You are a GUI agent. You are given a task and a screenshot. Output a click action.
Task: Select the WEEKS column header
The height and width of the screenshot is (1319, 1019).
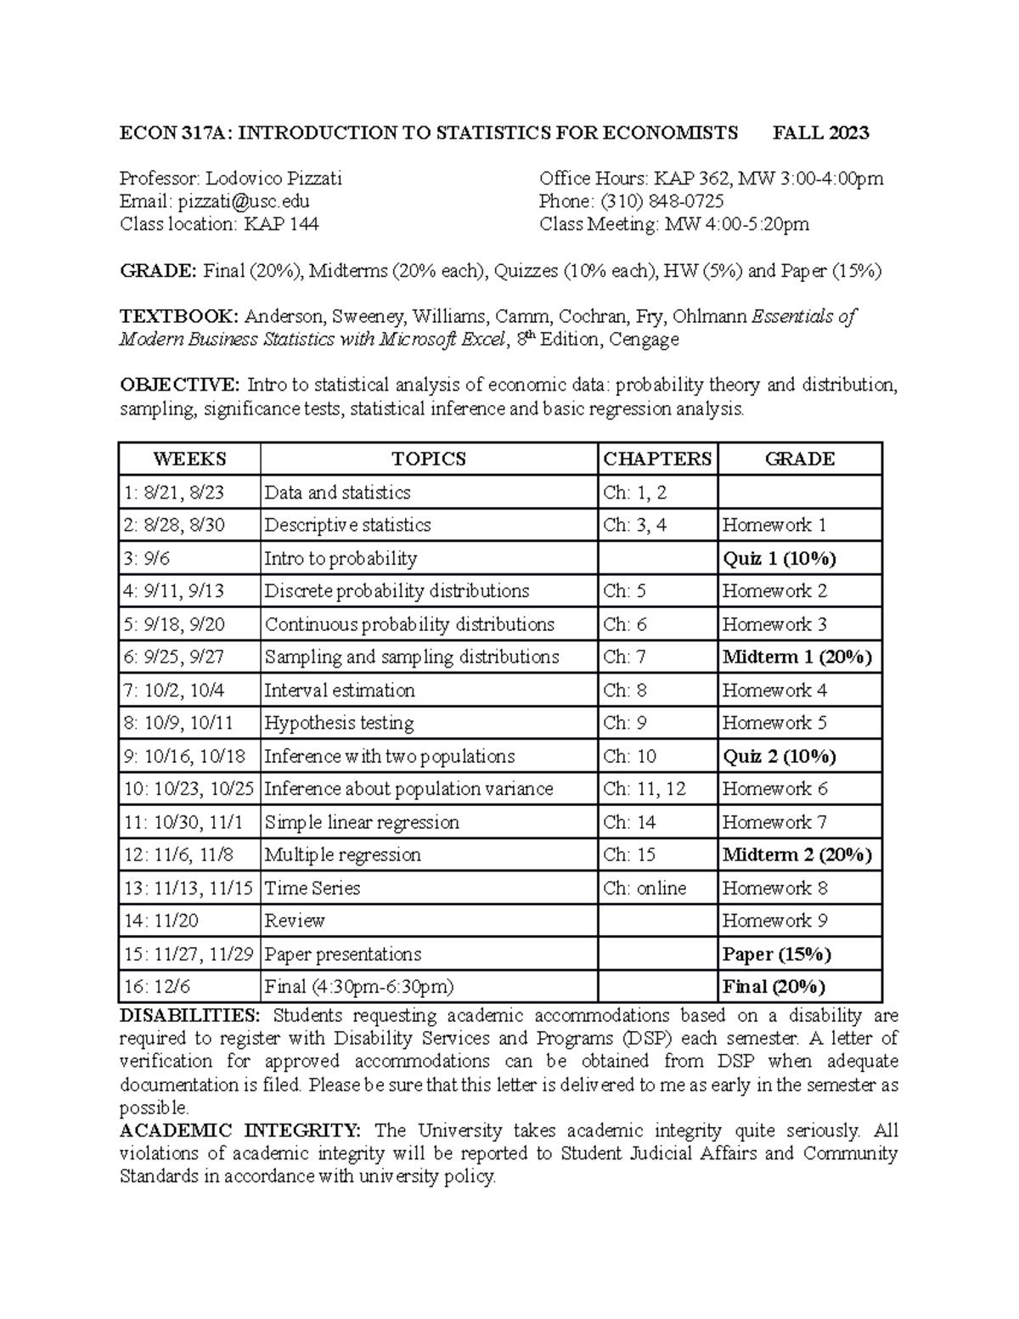click(x=189, y=459)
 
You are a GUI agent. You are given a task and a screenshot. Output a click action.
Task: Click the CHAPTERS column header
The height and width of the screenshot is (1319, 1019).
click(x=657, y=459)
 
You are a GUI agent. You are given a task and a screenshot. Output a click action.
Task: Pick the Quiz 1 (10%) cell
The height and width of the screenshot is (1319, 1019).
click(x=779, y=558)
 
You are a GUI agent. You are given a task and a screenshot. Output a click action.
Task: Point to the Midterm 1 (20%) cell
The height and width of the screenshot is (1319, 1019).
click(x=797, y=657)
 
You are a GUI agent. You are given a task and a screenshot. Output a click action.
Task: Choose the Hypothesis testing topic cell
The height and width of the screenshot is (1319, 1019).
click(x=340, y=723)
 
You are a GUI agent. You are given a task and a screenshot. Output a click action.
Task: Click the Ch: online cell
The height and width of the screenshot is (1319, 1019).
click(x=645, y=888)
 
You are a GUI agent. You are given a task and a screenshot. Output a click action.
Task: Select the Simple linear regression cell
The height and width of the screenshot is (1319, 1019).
click(x=362, y=822)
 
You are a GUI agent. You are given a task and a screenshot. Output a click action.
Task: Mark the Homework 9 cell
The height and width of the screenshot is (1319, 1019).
click(x=774, y=921)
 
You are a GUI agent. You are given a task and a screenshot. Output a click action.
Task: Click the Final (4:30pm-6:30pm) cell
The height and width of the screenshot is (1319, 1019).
click(x=359, y=986)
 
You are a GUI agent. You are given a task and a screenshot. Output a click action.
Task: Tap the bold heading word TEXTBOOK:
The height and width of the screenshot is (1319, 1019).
click(x=179, y=317)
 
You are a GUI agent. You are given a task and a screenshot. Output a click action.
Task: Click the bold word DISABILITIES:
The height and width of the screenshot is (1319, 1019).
click(x=190, y=1016)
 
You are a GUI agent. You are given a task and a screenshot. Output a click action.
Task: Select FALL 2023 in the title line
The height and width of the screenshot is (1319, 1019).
click(x=820, y=132)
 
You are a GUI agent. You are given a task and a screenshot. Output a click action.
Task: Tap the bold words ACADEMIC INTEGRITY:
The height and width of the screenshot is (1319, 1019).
click(x=240, y=1130)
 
